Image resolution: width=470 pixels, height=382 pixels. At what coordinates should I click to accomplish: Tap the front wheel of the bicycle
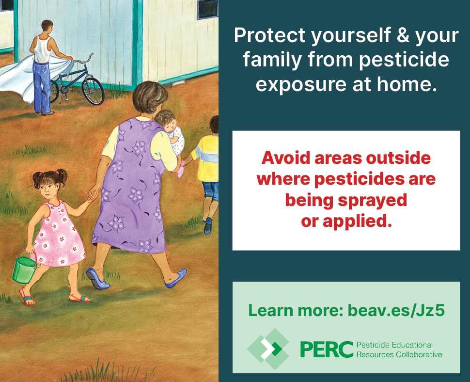coord(93,91)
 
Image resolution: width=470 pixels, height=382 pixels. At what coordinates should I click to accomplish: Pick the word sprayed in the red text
coord(372,201)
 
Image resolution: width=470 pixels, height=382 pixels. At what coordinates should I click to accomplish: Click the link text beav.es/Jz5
coord(396,310)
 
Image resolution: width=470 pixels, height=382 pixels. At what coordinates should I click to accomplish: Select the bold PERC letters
coord(327,350)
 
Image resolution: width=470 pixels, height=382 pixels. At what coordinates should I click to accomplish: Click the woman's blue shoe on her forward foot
coord(177,278)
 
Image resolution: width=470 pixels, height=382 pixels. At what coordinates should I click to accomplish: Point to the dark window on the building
coord(207,9)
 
